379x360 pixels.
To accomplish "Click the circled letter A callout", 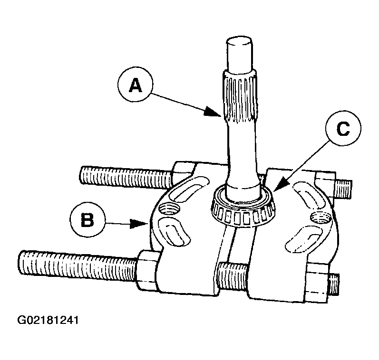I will coord(135,86).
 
